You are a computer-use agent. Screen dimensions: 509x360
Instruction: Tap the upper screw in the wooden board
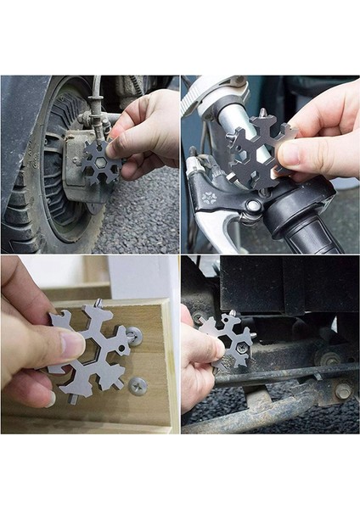[135, 335]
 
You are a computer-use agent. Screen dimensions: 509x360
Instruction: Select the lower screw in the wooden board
[138, 386]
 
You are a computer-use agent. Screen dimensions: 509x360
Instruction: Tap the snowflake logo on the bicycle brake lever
[209, 197]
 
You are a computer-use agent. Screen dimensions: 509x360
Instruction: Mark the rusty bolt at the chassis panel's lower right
[343, 391]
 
